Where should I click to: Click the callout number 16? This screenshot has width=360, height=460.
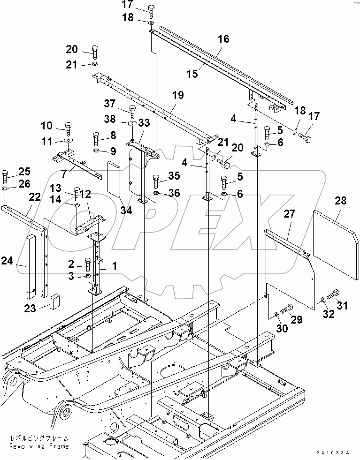(223, 39)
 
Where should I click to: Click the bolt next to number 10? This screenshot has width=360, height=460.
(68, 128)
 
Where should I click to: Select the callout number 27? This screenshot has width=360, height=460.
(289, 214)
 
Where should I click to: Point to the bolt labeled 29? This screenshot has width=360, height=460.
(286, 309)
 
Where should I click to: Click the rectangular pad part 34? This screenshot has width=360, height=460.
(115, 178)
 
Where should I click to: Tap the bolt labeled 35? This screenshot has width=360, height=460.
(157, 180)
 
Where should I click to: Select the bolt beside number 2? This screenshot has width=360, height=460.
(87, 264)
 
